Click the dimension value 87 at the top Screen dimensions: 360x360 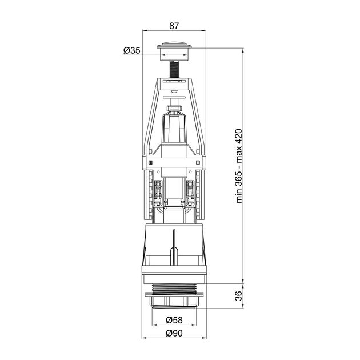coord(174,25)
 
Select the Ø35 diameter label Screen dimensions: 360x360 coord(132,51)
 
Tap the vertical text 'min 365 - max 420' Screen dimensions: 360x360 coord(239,165)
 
